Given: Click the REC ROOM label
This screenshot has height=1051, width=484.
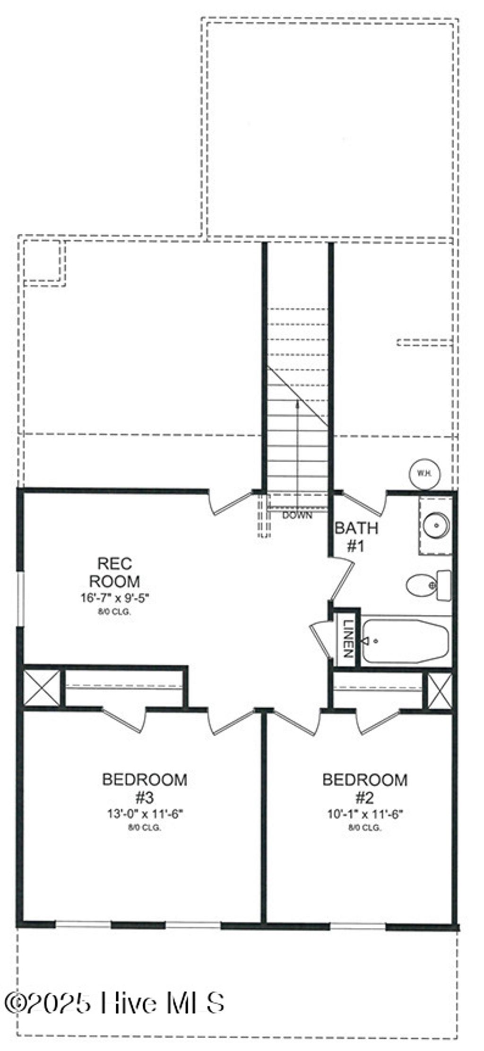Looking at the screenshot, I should click(x=114, y=572).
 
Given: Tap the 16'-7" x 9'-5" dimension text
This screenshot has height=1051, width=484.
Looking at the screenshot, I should click(x=114, y=598).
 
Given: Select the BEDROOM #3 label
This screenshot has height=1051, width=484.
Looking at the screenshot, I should click(x=145, y=788).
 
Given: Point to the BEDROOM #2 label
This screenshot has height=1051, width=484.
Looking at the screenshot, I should click(x=365, y=788).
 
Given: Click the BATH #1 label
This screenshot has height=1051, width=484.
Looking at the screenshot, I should click(x=356, y=537).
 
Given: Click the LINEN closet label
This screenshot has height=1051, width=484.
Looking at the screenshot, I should click(x=348, y=638).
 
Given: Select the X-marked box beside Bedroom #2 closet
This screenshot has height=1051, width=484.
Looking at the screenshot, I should click(x=440, y=691).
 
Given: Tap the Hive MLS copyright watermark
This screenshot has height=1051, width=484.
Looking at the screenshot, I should click(x=113, y=1002).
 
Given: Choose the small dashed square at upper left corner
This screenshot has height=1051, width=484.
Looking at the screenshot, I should click(x=43, y=263).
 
